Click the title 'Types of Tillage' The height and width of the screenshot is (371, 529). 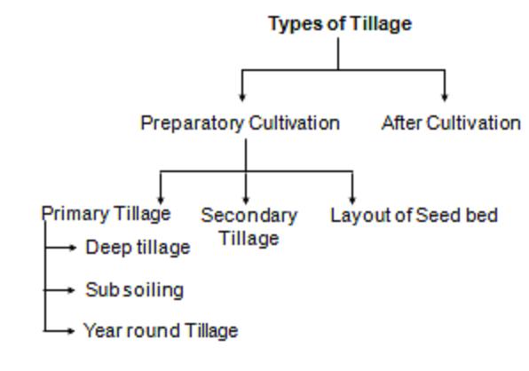pos(340,24)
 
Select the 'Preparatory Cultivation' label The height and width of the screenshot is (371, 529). pos(240,123)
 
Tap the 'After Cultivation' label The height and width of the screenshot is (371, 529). pos(451,122)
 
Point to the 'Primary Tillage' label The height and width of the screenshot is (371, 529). pos(106,214)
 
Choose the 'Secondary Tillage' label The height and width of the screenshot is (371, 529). pos(249,227)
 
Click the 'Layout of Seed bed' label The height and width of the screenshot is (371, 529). pos(414,216)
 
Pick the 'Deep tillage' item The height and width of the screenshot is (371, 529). pos(138,248)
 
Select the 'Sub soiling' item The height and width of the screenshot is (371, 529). pos(135,290)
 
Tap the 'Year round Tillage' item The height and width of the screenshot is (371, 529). pos(161,330)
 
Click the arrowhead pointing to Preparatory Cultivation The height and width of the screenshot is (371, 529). pos(242,98)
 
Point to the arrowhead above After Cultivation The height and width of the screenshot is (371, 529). pos(445,98)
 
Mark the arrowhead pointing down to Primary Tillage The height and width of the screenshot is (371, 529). pos(161,201)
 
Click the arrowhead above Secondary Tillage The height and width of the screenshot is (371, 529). pos(246,201)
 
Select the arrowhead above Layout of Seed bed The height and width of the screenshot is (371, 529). pos(352,201)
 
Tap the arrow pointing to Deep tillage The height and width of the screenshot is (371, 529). pos(60,248)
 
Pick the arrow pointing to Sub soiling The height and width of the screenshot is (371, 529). pos(59,290)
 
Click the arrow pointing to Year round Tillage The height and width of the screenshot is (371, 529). pos(59,331)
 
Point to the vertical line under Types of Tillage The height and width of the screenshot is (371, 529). pos(338,53)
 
